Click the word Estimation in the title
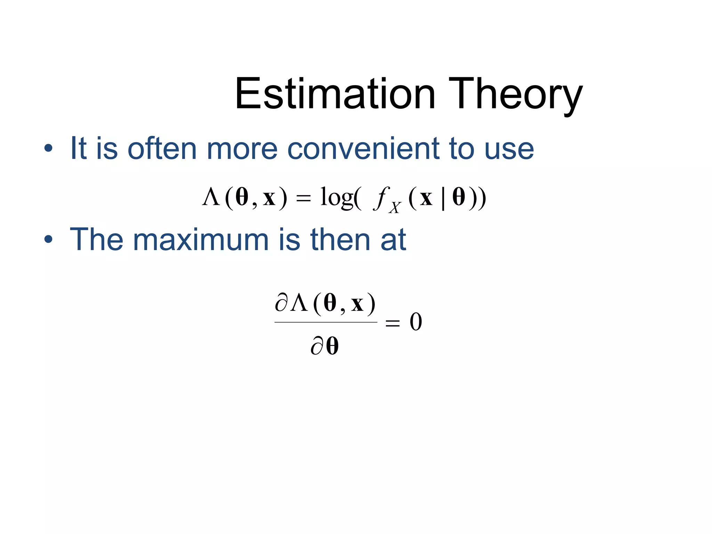pyautogui.click(x=335, y=94)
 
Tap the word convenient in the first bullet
pyautogui.click(x=363, y=149)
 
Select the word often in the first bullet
pyautogui.click(x=162, y=149)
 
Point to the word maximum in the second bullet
pyautogui.click(x=201, y=240)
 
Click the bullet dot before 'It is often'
pyautogui.click(x=48, y=149)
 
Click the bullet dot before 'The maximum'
pyautogui.click(x=48, y=240)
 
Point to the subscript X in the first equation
pyautogui.click(x=395, y=208)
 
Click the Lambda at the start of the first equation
pyautogui.click(x=211, y=197)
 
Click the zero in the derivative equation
pyautogui.click(x=416, y=322)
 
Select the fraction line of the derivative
pyautogui.click(x=326, y=322)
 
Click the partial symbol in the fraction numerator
pyautogui.click(x=281, y=303)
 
